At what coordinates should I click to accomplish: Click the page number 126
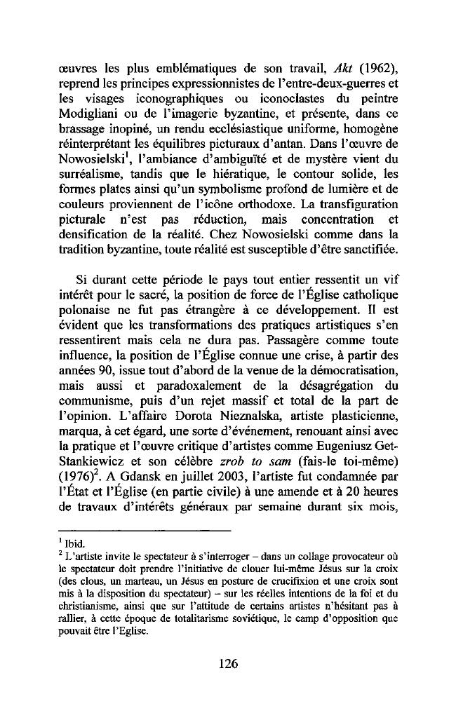[x=228, y=664]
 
